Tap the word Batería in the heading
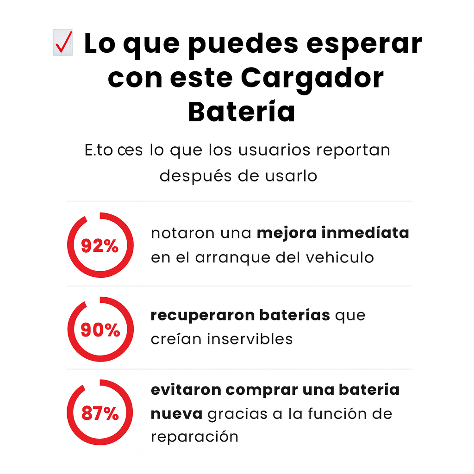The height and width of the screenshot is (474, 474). (241, 112)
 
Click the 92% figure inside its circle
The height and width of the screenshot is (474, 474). (100, 246)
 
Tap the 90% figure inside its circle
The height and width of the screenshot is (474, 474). (100, 330)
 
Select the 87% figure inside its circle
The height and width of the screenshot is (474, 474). (100, 413)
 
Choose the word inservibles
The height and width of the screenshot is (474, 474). (249, 339)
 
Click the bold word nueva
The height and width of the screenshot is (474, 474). (176, 414)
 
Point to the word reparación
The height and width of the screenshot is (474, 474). (194, 437)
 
